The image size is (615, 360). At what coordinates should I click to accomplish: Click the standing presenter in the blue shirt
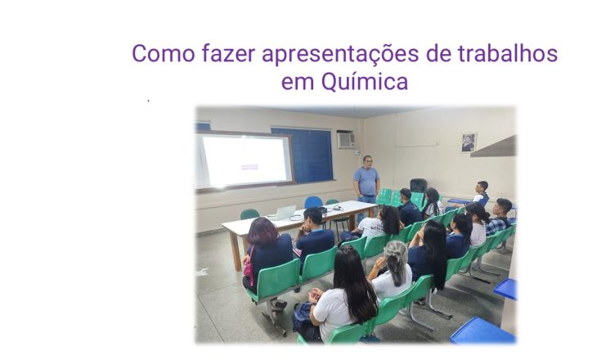click(x=366, y=180)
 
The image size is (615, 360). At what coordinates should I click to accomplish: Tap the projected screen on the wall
click(x=244, y=160)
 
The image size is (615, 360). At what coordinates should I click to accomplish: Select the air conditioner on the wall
click(x=346, y=140)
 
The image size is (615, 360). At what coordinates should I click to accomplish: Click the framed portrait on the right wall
click(x=469, y=142)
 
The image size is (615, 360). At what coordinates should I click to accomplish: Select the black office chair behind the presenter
click(x=418, y=187)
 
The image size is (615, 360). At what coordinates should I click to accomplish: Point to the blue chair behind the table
click(x=313, y=202)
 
